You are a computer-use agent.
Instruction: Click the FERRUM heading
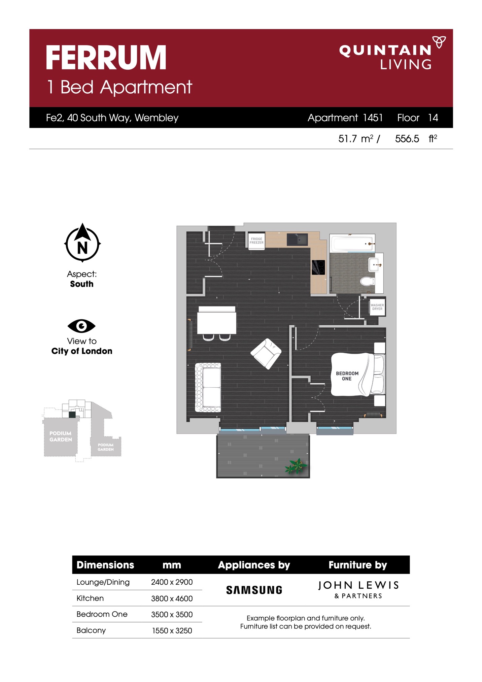(x=106, y=58)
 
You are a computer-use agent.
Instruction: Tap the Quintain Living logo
(x=392, y=53)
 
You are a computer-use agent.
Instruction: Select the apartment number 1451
(x=373, y=118)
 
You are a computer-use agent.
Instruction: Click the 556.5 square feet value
(x=407, y=139)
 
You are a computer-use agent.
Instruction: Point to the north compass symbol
(x=82, y=243)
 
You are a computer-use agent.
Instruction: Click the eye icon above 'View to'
(x=81, y=326)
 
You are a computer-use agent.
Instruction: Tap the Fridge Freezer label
(x=256, y=240)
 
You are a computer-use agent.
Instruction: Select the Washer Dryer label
(x=377, y=307)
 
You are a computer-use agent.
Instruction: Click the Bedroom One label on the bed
(x=347, y=376)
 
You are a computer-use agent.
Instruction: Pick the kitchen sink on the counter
(x=297, y=239)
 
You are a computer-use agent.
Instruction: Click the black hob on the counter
(x=318, y=267)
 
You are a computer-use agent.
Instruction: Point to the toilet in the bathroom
(x=367, y=281)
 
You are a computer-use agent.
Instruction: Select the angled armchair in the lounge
(x=266, y=354)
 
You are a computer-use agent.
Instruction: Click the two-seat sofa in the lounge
(x=208, y=387)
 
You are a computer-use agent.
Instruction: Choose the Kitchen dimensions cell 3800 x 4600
(x=172, y=598)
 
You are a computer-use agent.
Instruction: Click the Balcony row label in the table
(x=91, y=630)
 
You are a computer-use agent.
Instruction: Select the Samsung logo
(x=254, y=590)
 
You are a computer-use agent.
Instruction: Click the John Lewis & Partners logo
(x=358, y=590)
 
